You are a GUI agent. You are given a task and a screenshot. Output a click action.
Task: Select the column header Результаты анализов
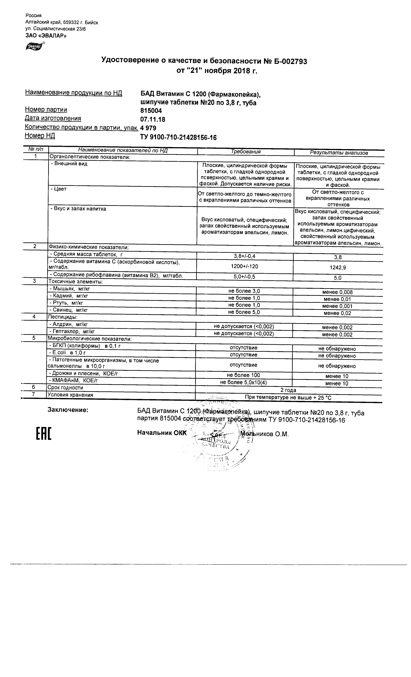[339, 153]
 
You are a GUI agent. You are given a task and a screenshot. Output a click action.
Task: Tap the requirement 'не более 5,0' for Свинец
[244, 312]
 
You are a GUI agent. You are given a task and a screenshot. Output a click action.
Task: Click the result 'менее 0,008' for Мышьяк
[337, 292]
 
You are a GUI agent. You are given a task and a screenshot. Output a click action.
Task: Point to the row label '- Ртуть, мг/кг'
[66, 303]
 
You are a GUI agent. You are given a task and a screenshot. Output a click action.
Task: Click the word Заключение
[68, 410]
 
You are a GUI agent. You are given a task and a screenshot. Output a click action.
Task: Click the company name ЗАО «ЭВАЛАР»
[46, 36]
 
